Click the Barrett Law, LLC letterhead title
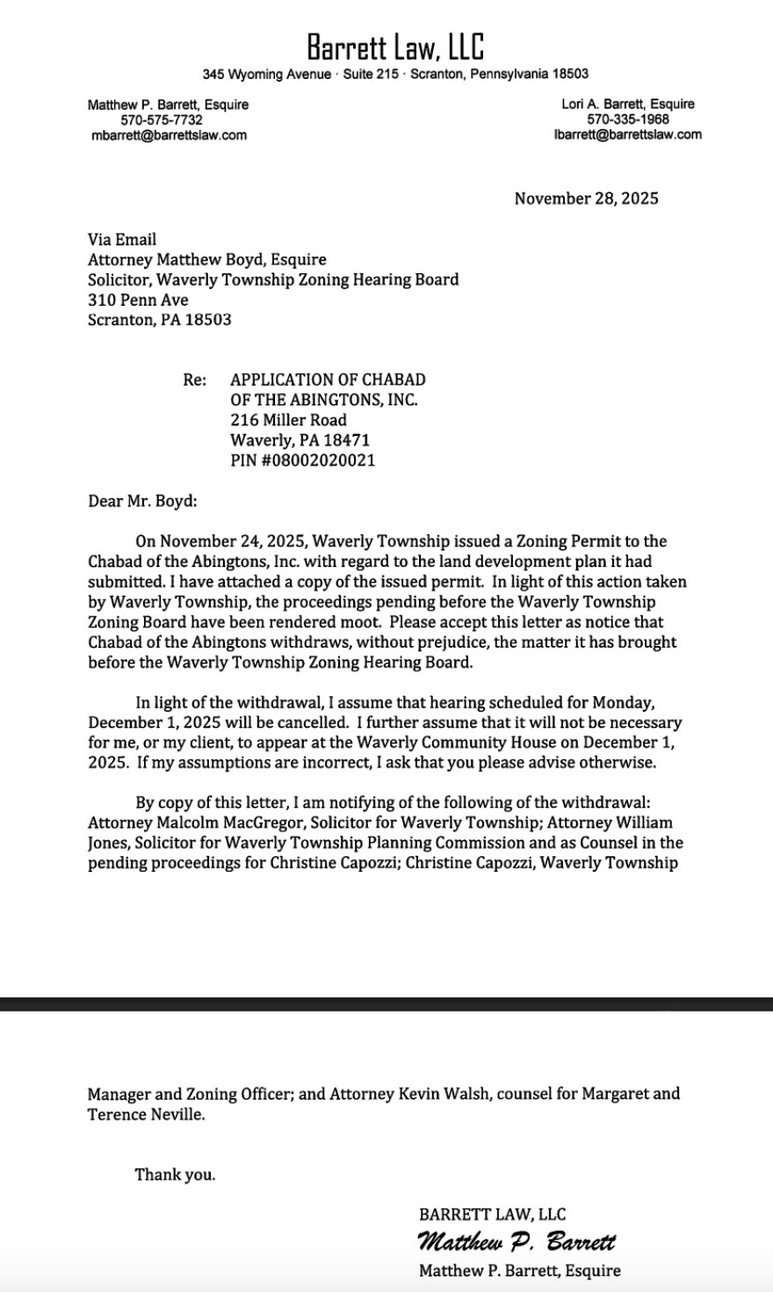tap(395, 46)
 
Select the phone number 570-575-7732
tap(162, 120)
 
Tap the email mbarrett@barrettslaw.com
tap(169, 135)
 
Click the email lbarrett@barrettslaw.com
tap(627, 134)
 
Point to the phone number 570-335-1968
tap(627, 119)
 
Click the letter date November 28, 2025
tap(586, 199)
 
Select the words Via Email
tap(122, 239)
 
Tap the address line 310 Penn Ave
tap(138, 300)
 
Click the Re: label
tap(194, 380)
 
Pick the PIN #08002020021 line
tap(302, 461)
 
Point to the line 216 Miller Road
tap(288, 420)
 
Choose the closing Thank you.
tap(175, 1174)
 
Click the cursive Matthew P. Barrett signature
tap(517, 1242)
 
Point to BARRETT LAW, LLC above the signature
tap(493, 1215)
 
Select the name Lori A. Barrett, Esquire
tap(627, 104)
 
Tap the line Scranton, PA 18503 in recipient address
tap(160, 320)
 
